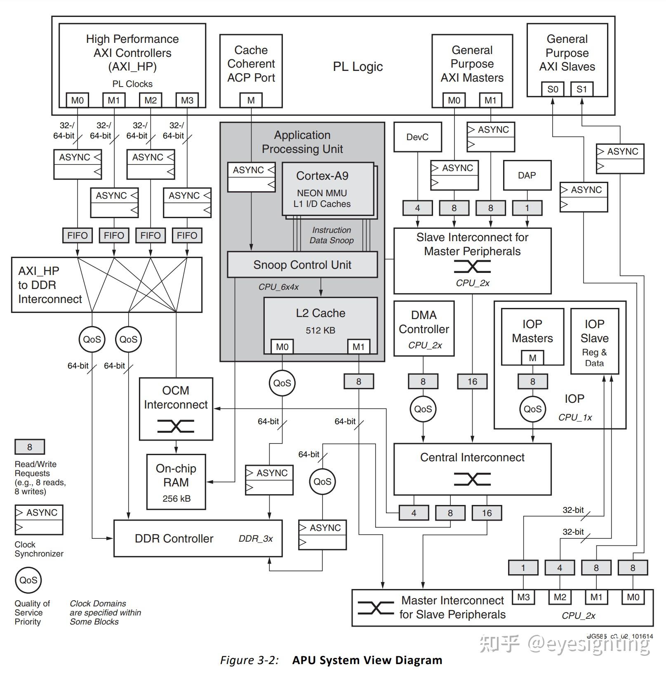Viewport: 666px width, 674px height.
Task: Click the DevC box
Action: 417,137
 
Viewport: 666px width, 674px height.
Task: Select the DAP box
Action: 527,175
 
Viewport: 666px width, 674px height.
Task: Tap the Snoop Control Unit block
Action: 302,265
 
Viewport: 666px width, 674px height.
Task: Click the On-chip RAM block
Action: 176,482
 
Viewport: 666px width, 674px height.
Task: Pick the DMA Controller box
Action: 424,328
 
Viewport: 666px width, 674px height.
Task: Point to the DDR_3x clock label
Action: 256,539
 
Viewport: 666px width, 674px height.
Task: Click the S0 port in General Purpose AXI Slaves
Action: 553,89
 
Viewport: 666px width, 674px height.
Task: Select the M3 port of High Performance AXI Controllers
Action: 187,100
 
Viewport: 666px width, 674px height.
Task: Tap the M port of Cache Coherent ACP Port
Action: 251,100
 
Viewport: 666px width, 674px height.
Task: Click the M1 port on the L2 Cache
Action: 358,347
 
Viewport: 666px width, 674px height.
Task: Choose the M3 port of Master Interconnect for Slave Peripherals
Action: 523,597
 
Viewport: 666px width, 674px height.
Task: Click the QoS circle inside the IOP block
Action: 532,409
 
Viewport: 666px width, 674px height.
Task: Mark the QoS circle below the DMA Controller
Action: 423,409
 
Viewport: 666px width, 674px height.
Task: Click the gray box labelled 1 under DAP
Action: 527,208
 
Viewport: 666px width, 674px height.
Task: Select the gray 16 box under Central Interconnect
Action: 487,513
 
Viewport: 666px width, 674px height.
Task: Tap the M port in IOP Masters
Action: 532,358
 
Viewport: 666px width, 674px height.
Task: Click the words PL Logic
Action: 358,67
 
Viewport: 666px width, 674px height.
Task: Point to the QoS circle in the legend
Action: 28,580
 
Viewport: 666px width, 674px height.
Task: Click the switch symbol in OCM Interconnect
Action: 176,426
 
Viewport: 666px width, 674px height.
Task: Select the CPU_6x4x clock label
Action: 278,287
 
